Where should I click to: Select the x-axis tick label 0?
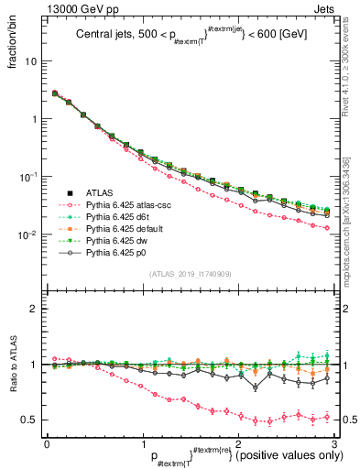click(47, 442)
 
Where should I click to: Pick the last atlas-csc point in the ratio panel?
click(327, 417)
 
